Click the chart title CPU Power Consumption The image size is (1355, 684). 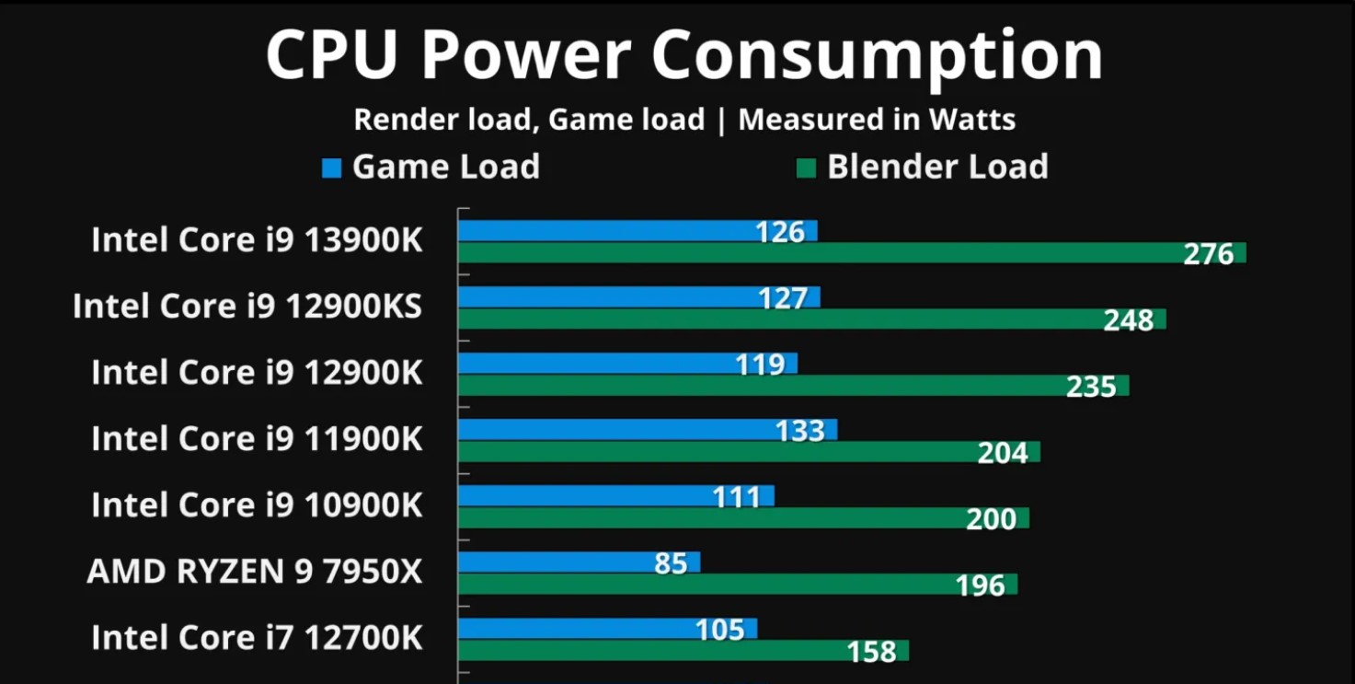pyautogui.click(x=683, y=55)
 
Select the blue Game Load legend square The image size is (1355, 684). pyautogui.click(x=331, y=168)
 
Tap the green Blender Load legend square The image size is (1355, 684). pyautogui.click(x=806, y=168)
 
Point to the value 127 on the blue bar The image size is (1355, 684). pyautogui.click(x=783, y=298)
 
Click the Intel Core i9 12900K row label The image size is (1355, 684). pyautogui.click(x=257, y=373)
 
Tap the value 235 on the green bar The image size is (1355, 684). pyautogui.click(x=1091, y=387)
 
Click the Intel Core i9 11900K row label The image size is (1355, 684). pyautogui.click(x=257, y=439)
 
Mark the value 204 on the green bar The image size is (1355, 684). pyautogui.click(x=1003, y=453)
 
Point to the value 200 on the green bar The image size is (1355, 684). pyautogui.click(x=991, y=519)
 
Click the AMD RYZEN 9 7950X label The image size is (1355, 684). pyautogui.click(x=255, y=572)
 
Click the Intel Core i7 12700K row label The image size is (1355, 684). pyautogui.click(x=257, y=638)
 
